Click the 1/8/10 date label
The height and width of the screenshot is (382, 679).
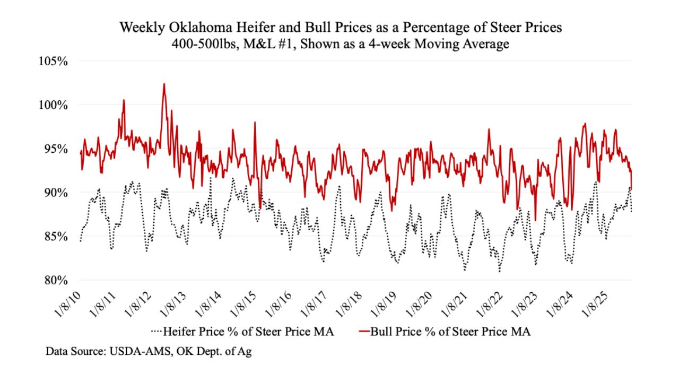point(68,301)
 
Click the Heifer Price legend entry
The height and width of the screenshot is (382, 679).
point(249,333)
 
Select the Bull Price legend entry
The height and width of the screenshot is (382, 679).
point(450,333)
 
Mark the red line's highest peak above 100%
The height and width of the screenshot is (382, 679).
point(164,84)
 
